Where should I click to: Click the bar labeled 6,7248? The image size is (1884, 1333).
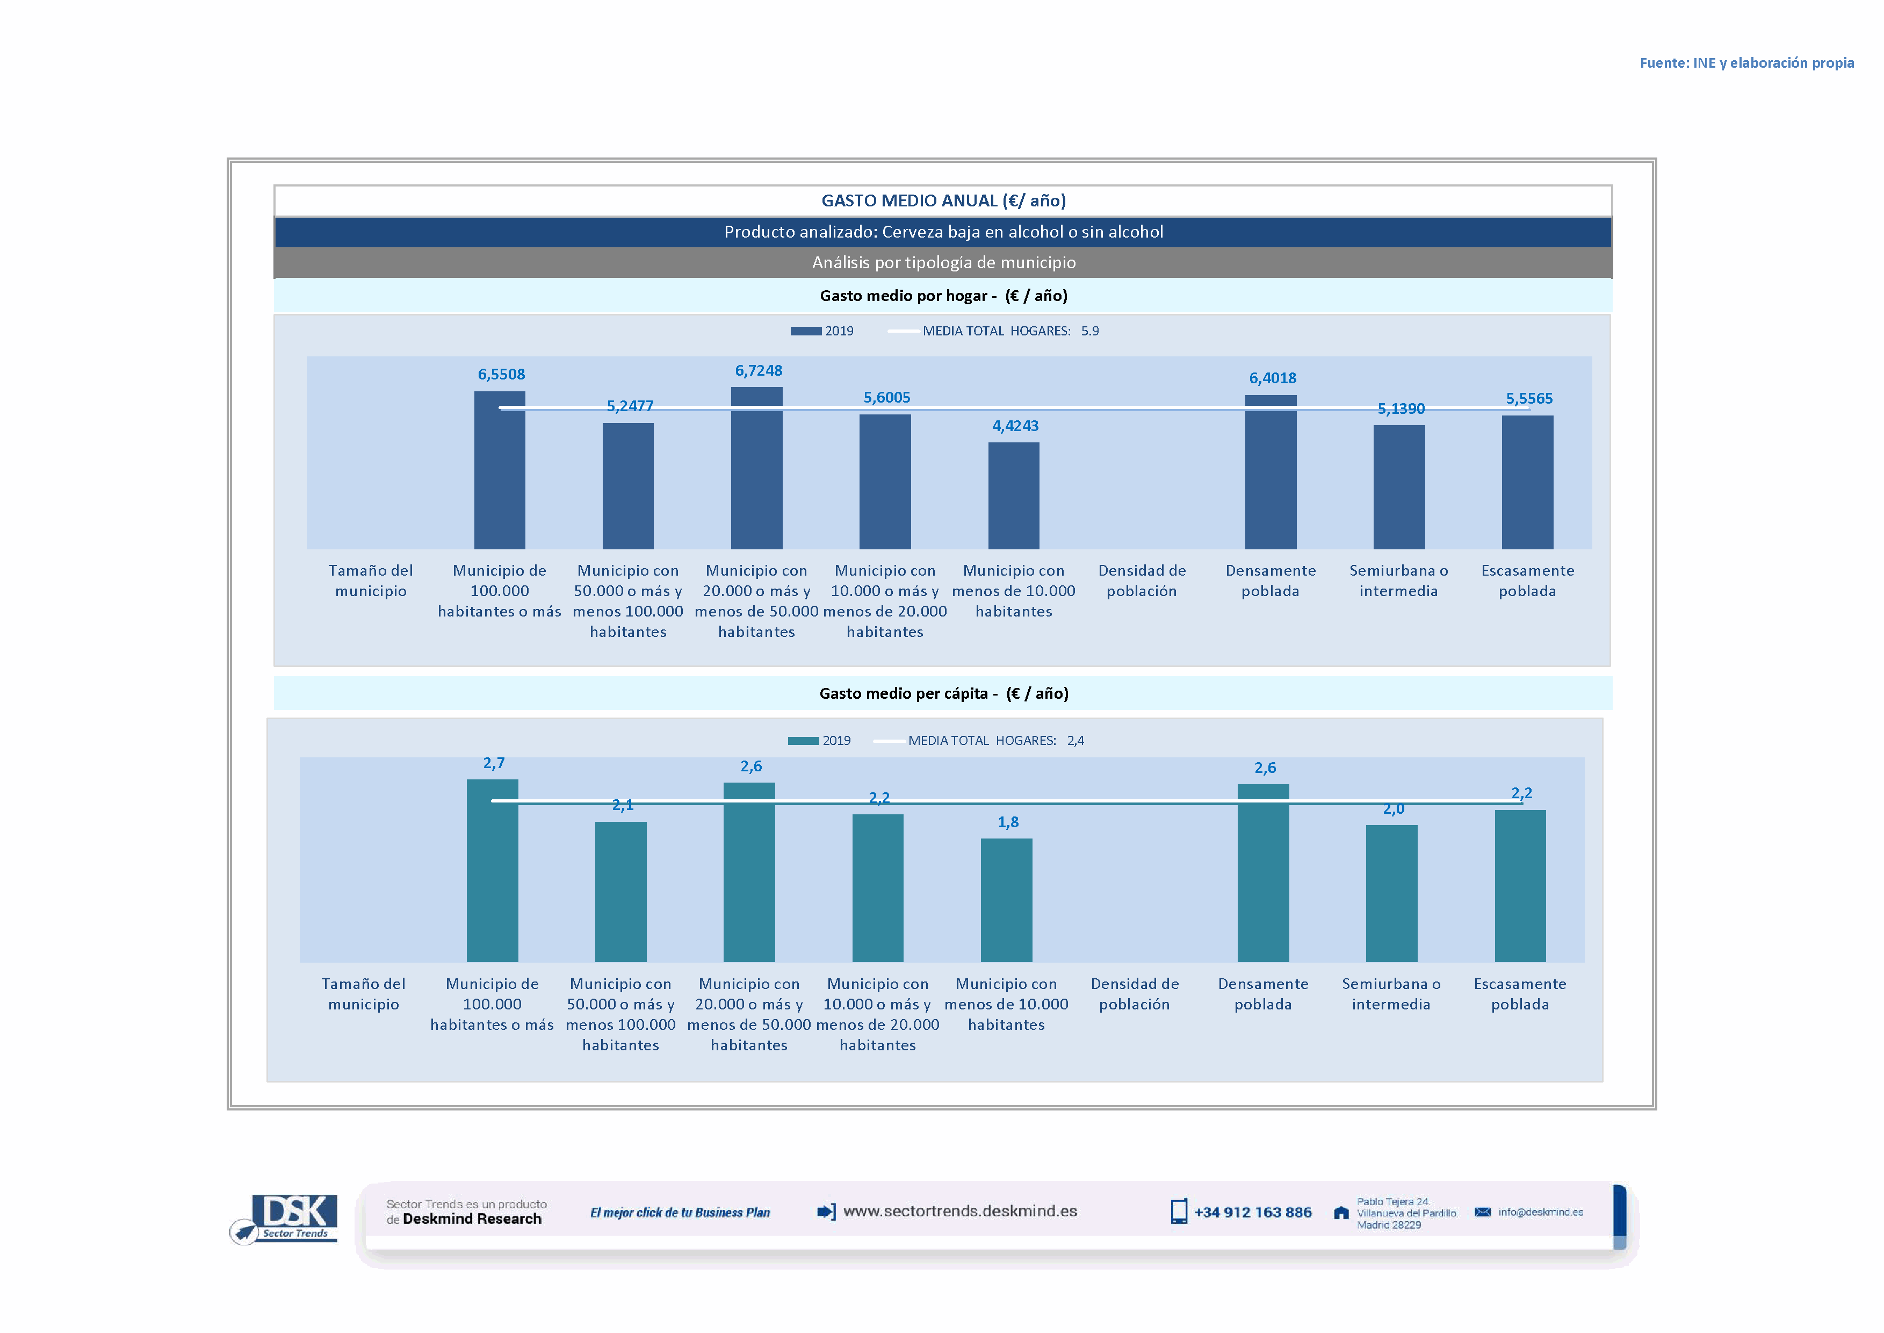756,468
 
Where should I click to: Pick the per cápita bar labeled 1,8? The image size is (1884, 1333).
1006,900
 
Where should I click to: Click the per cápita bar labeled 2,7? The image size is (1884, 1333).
492,870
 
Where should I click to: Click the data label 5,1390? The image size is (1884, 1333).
1401,408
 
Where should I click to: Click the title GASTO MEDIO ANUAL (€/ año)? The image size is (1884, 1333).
943,201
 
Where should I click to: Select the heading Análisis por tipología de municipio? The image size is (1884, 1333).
943,263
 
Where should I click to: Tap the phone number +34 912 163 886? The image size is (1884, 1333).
1252,1213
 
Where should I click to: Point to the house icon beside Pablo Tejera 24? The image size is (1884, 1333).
1341,1213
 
